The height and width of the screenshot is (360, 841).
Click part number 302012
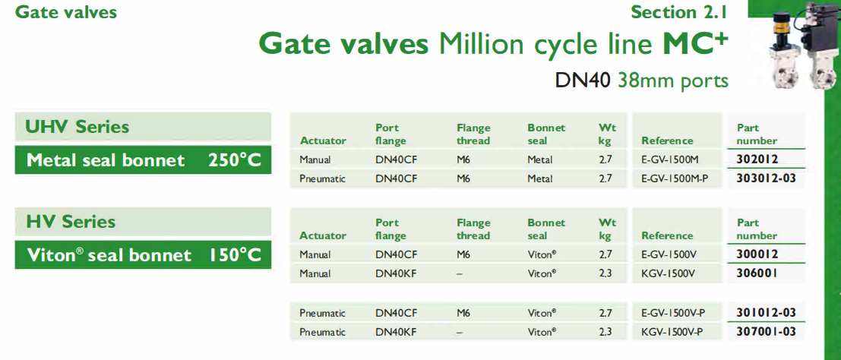pyautogui.click(x=758, y=159)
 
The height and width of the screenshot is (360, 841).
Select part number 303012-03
pyautogui.click(x=766, y=178)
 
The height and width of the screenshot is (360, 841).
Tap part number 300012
pyautogui.click(x=758, y=254)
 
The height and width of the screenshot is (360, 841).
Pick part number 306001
pyautogui.click(x=758, y=273)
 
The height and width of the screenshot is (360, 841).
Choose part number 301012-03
pyautogui.click(x=766, y=312)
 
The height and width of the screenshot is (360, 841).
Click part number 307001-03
pyautogui.click(x=766, y=332)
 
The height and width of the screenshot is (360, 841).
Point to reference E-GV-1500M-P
pyautogui.click(x=675, y=178)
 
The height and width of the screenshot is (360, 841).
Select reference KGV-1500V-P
pyautogui.click(x=672, y=332)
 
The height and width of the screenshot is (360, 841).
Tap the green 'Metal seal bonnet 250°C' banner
pyautogui.click(x=144, y=160)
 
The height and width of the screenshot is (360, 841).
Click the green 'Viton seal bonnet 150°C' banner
pyautogui.click(x=144, y=255)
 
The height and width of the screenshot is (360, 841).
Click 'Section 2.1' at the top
pyautogui.click(x=679, y=12)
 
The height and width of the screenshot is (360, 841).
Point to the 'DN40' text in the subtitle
pyautogui.click(x=583, y=81)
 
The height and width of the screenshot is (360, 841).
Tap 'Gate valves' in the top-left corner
pyautogui.click(x=66, y=12)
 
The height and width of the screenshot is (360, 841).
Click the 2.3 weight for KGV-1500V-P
pyautogui.click(x=605, y=332)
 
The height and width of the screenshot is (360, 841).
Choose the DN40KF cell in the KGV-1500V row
pyautogui.click(x=396, y=273)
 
